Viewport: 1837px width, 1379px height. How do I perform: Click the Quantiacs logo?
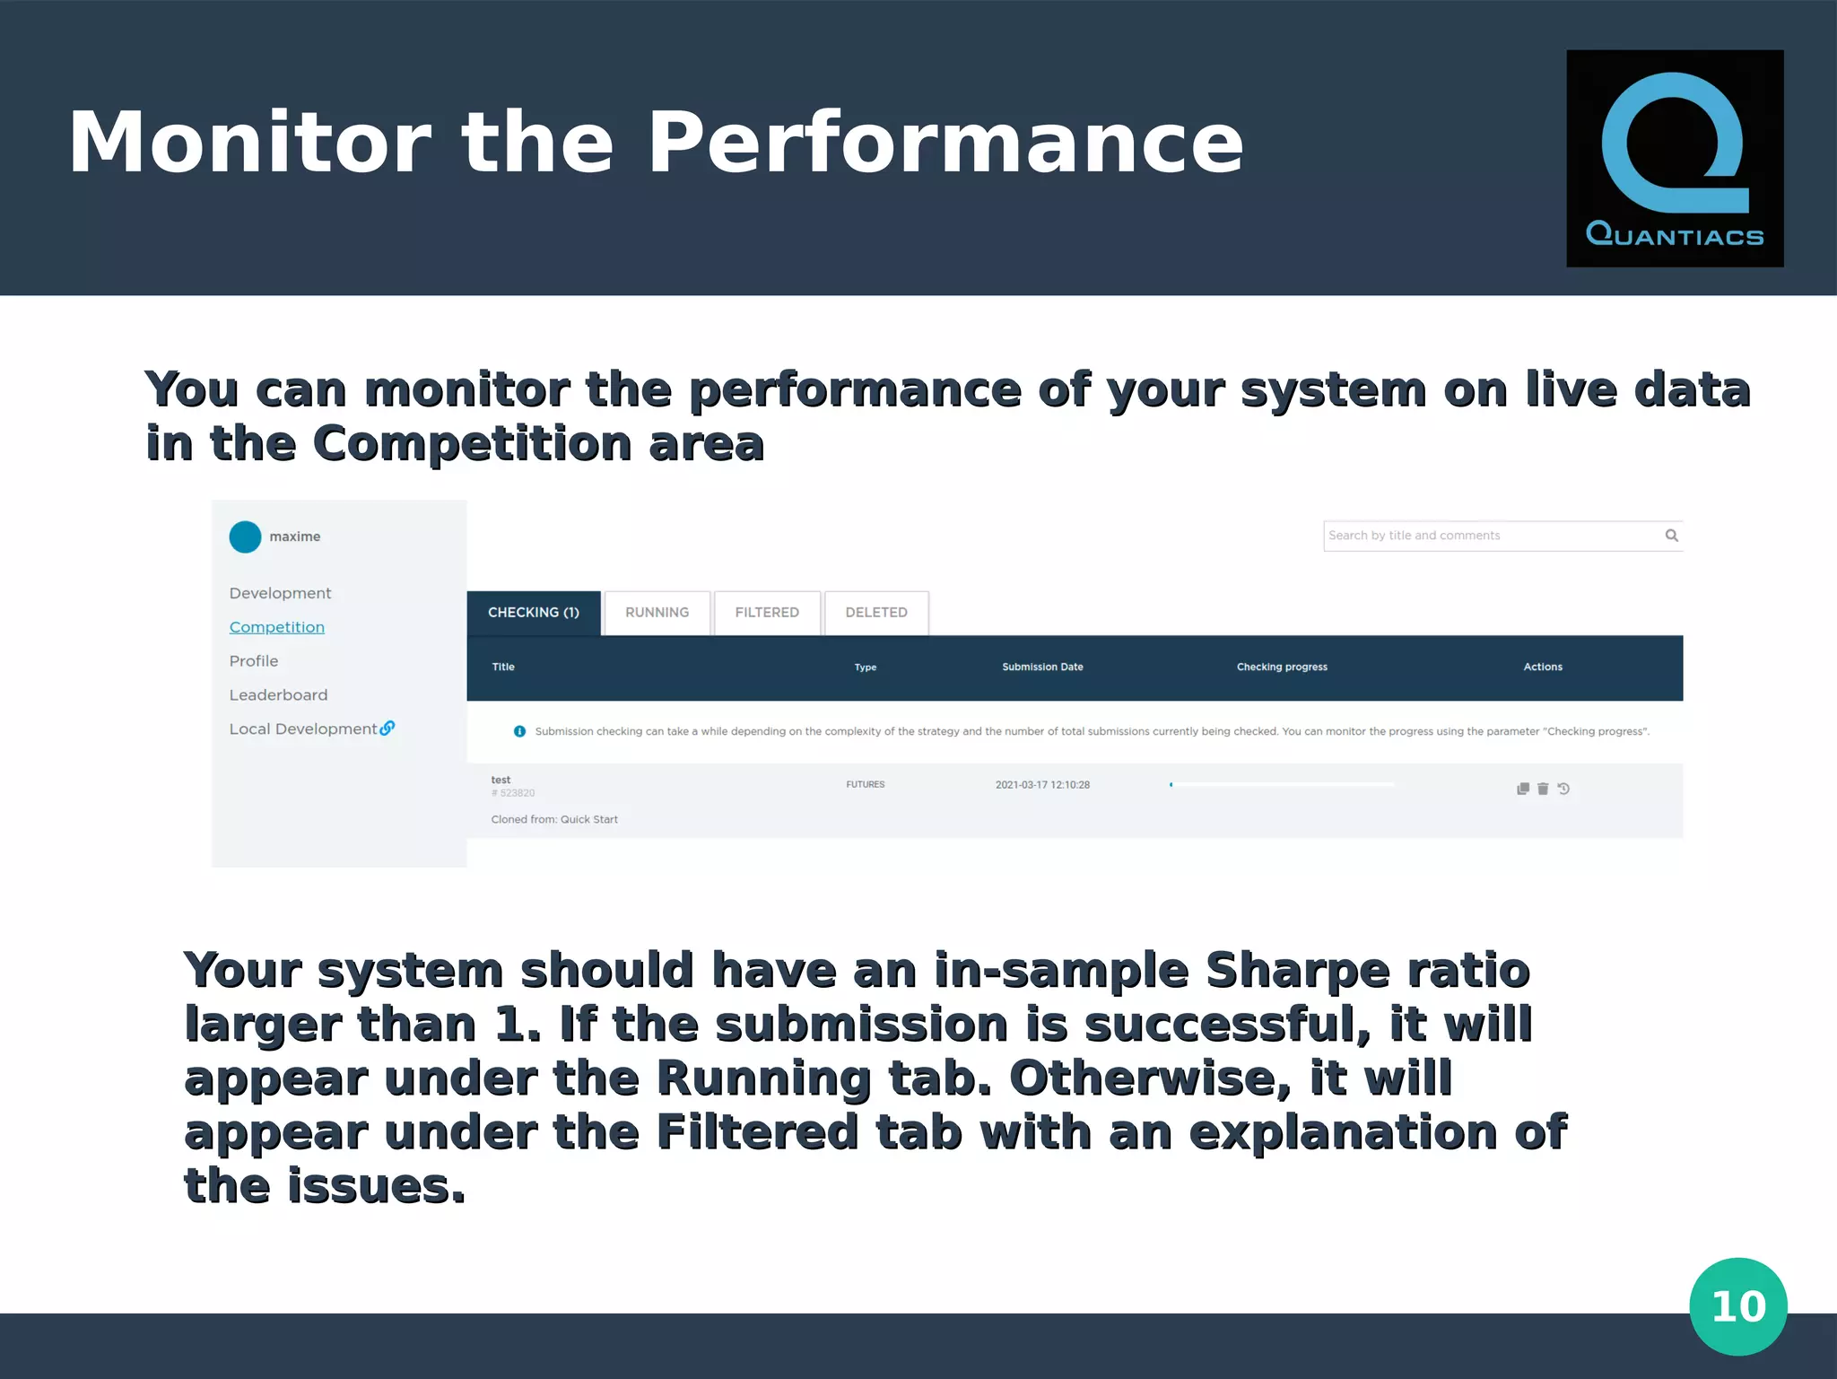point(1674,158)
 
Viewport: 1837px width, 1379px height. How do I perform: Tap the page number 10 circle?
point(1737,1305)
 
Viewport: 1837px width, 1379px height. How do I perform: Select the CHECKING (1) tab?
point(534,613)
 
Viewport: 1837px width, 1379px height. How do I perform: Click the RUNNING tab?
point(657,613)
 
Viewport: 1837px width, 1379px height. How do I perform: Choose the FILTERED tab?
point(767,613)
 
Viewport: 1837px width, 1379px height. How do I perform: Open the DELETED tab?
point(876,613)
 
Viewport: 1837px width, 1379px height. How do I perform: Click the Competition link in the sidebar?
point(276,627)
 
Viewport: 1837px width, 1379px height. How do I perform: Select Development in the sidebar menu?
point(280,593)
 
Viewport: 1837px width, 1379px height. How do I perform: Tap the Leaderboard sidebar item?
point(278,695)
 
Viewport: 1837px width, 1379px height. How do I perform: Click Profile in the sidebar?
point(254,661)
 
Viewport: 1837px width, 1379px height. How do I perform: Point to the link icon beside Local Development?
point(387,728)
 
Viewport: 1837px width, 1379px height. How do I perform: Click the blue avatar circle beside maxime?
point(245,537)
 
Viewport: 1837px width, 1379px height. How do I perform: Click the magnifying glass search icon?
point(1671,536)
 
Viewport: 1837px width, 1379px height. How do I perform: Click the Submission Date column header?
point(1042,667)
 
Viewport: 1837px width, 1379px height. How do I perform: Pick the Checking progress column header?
point(1282,667)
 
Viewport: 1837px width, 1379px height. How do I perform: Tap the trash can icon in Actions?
point(1543,789)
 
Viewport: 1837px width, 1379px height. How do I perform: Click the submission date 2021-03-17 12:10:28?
point(1042,785)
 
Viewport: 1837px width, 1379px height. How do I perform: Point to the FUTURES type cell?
point(865,785)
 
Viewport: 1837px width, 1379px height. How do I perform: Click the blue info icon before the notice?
point(519,731)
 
